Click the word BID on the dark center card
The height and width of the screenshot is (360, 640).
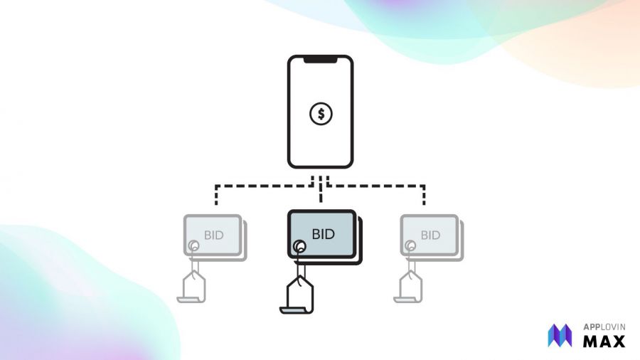[322, 233]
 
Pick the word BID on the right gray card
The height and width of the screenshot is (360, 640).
[430, 235]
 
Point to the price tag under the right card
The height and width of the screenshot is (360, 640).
[410, 285]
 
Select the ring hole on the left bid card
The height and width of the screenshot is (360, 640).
[193, 246]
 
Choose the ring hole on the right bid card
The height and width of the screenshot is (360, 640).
[410, 246]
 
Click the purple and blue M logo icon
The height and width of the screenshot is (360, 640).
[560, 335]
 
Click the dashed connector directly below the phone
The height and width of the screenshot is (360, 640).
[321, 181]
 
